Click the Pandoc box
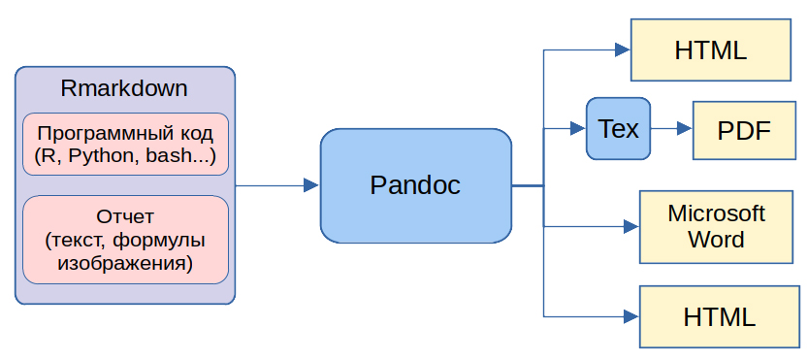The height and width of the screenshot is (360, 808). pyautogui.click(x=416, y=185)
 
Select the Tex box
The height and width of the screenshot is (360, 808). pyautogui.click(x=619, y=128)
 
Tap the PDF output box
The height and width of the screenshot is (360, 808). pyautogui.click(x=744, y=130)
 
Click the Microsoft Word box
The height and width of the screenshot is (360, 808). pyautogui.click(x=716, y=227)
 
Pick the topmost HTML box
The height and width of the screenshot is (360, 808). pyautogui.click(x=711, y=50)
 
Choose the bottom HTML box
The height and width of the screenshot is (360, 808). pyautogui.click(x=719, y=316)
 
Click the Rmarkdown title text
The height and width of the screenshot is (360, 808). pyautogui.click(x=124, y=88)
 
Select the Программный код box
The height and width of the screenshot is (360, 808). pyautogui.click(x=125, y=144)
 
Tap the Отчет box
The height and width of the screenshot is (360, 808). pyautogui.click(x=125, y=240)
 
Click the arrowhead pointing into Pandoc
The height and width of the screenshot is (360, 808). pyautogui.click(x=311, y=185)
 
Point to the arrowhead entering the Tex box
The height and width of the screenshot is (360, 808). pyautogui.click(x=578, y=128)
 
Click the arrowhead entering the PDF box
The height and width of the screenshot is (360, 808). pyautogui.click(x=685, y=128)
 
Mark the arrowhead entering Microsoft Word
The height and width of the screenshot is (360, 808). pyautogui.click(x=631, y=226)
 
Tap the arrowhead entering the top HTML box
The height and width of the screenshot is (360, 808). pyautogui.click(x=623, y=50)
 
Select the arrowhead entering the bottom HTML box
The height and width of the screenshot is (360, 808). pyautogui.click(x=631, y=316)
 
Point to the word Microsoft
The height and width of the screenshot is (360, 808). pyautogui.click(x=716, y=213)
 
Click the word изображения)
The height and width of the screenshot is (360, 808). pyautogui.click(x=125, y=264)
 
